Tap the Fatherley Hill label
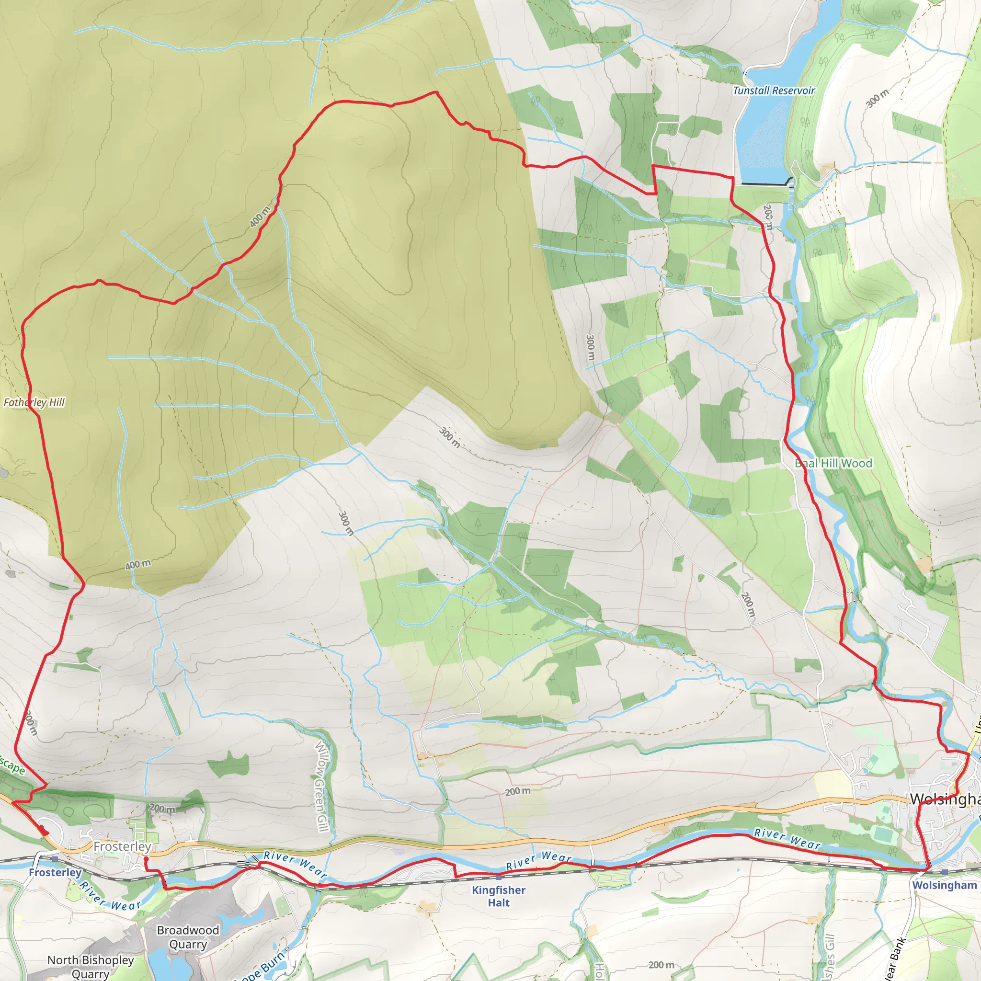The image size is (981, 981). [34, 402]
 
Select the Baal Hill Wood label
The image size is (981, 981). [833, 463]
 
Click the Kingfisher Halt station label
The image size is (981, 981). [498, 896]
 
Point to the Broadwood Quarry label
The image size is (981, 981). [188, 937]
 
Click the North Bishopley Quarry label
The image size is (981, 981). [91, 966]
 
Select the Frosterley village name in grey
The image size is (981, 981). [122, 846]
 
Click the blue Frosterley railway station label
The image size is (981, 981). [55, 872]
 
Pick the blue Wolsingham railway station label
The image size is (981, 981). [944, 885]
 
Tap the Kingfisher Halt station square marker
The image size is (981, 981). [499, 877]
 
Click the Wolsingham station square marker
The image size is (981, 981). [945, 872]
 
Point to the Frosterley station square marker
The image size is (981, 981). [55, 859]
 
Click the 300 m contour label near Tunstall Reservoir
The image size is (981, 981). [877, 99]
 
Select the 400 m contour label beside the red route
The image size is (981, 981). [260, 217]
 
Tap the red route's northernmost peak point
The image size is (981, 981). [436, 92]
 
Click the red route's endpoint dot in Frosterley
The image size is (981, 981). [146, 859]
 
